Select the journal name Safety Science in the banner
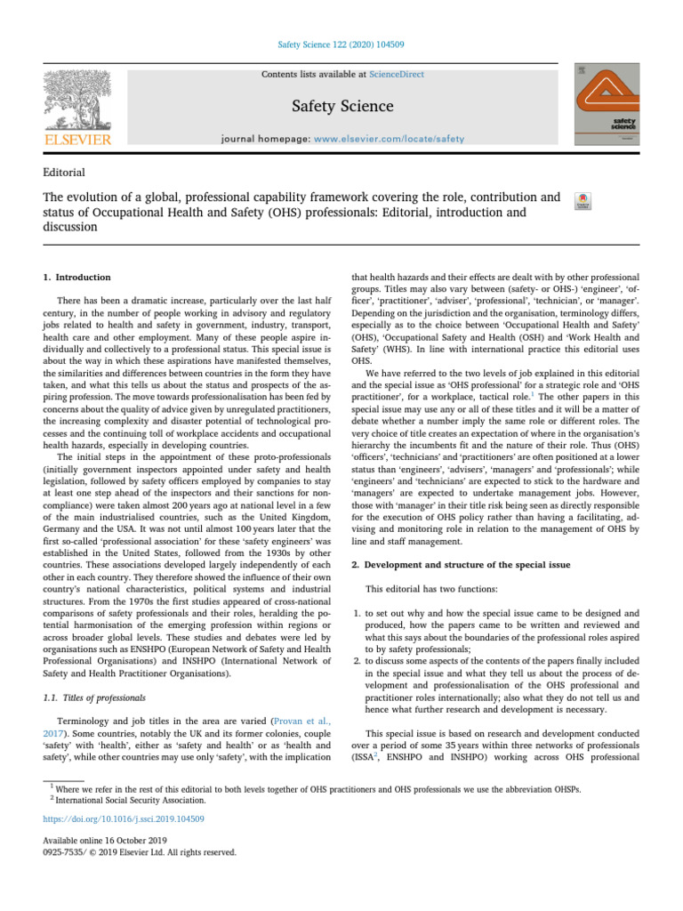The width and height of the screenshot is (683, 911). click(342, 107)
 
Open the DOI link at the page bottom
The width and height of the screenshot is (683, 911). click(124, 818)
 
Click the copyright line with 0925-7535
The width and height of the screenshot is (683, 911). click(140, 851)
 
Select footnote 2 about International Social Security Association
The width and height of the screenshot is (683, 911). click(133, 798)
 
